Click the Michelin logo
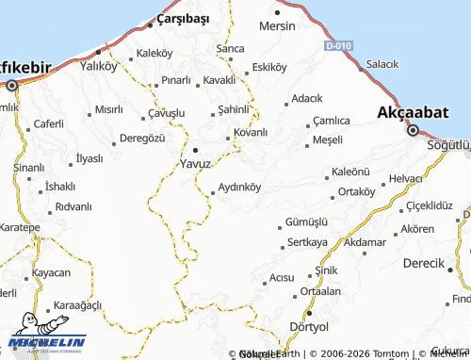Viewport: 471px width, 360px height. click(x=46, y=343)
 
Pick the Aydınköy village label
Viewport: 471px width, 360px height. click(x=239, y=188)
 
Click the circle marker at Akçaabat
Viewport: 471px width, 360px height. click(x=413, y=130)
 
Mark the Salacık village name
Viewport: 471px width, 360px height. click(x=382, y=64)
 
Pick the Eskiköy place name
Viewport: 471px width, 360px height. click(x=269, y=68)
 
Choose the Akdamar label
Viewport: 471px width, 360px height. click(x=365, y=242)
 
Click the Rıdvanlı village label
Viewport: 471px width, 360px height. click(x=73, y=206)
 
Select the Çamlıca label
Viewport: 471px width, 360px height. click(x=333, y=121)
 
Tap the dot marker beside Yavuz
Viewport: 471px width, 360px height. click(x=195, y=149)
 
